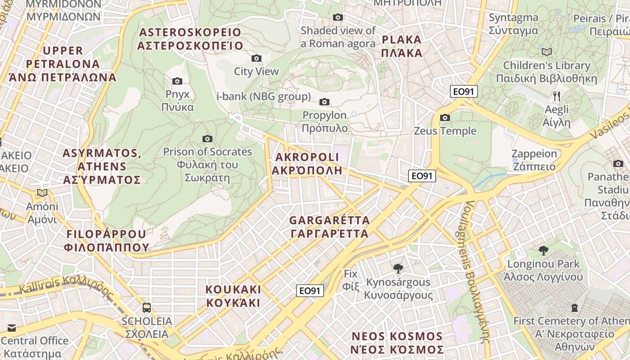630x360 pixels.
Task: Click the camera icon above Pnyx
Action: (177, 81)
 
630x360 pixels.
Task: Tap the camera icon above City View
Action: (256, 58)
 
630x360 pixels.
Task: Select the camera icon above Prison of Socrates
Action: (207, 139)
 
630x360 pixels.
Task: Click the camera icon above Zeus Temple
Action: (445, 118)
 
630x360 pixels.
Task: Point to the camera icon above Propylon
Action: (324, 102)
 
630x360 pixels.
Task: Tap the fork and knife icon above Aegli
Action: (557, 96)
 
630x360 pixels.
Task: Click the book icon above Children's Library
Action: (547, 52)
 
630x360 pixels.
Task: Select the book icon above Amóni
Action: (42, 193)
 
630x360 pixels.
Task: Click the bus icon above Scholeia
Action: (147, 308)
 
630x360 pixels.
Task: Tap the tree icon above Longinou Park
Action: (544, 250)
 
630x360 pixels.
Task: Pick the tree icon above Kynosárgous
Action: (398, 269)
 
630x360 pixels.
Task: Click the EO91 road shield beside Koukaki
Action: (310, 291)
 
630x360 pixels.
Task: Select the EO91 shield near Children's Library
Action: (463, 92)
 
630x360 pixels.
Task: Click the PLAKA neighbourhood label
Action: (401, 46)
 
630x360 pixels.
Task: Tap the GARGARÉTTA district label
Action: (329, 227)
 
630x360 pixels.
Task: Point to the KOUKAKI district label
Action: (233, 296)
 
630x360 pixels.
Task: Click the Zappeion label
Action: (534, 160)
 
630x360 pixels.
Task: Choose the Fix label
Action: (350, 280)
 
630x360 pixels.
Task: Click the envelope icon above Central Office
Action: (11, 328)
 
